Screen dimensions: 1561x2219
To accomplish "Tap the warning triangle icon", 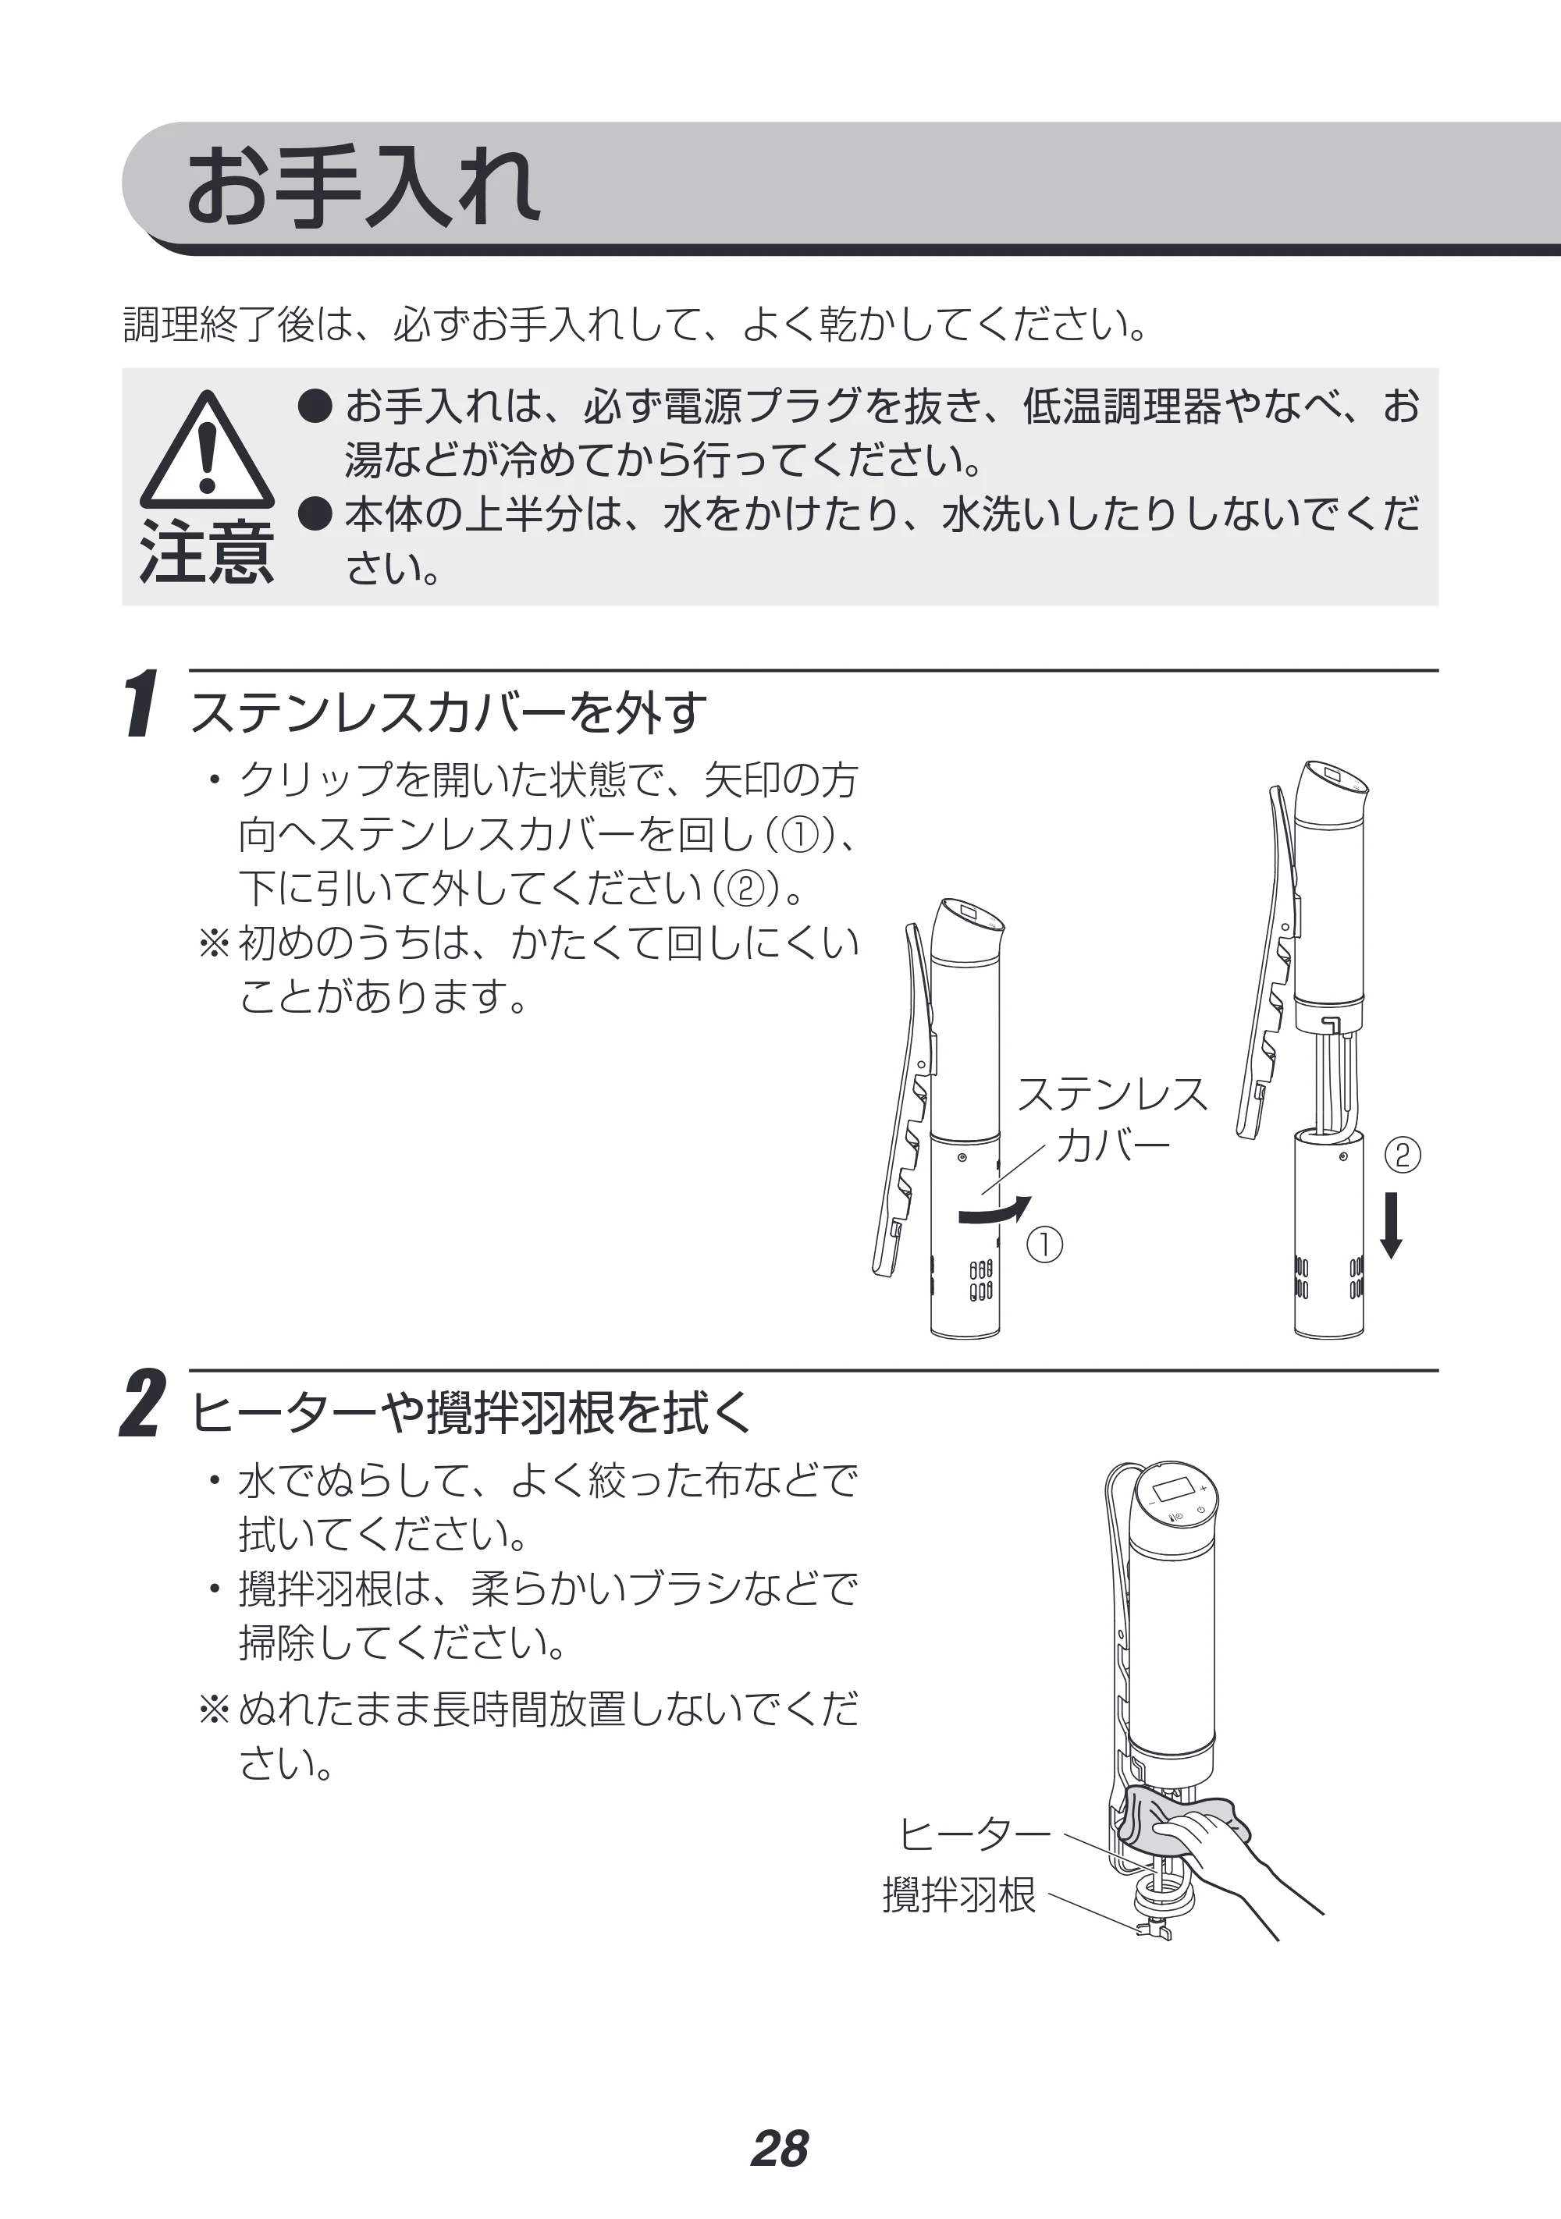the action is click(x=207, y=450).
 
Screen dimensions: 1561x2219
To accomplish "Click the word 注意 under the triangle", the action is click(x=207, y=552).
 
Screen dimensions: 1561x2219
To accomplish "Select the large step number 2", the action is click(x=142, y=1404).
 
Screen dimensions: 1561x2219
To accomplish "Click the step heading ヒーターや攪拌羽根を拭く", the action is click(x=471, y=1413).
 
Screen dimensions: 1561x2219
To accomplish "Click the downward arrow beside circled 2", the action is click(x=1391, y=1224).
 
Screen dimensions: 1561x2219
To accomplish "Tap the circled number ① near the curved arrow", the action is click(x=1044, y=1244).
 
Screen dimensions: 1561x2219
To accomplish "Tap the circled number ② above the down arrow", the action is click(x=1403, y=1156).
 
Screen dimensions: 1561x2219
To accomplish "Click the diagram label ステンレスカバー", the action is click(x=1112, y=1119).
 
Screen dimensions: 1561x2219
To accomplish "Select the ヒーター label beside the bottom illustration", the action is click(x=973, y=1834).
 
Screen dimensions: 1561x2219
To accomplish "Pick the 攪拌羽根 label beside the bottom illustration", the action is click(x=958, y=1895).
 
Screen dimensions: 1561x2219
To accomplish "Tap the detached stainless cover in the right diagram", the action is click(x=1329, y=1234).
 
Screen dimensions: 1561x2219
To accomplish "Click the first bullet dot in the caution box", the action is click(x=315, y=407).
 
